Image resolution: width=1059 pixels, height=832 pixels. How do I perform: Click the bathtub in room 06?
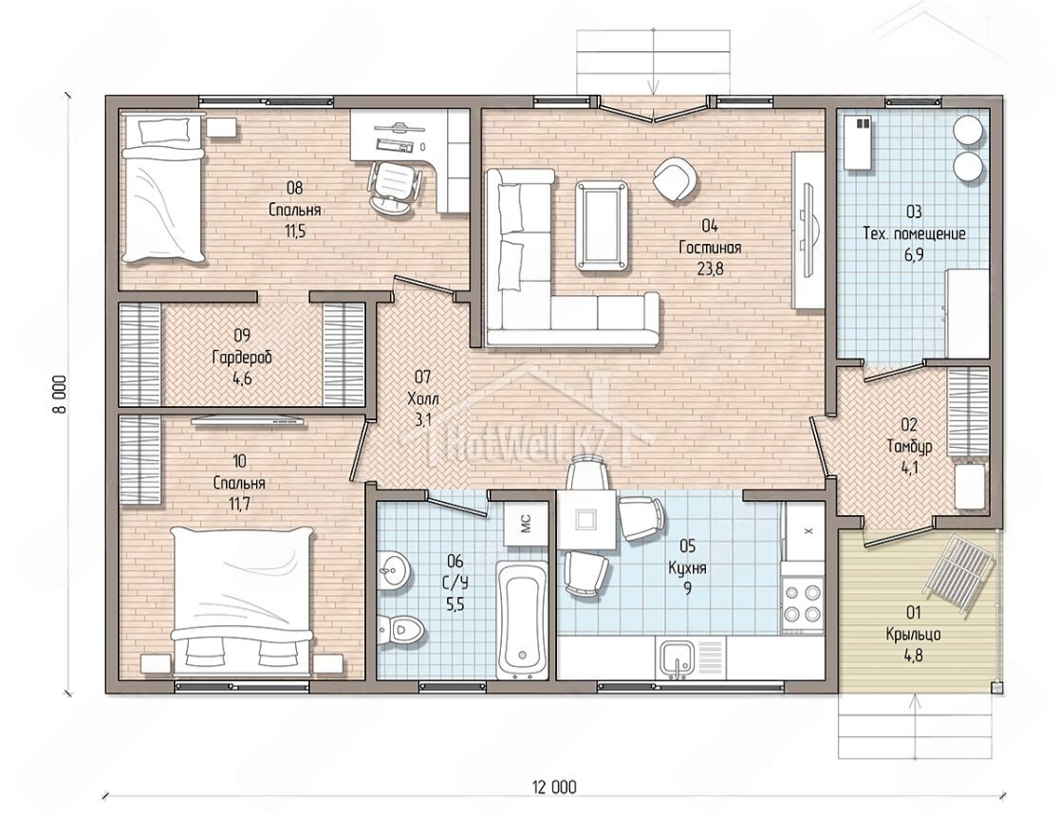pos(521,619)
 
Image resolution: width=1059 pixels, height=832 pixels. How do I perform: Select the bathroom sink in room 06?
pos(392,571)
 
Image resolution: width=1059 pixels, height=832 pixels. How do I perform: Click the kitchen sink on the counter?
pos(676,658)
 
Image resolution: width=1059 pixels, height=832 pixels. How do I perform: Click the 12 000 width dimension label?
pos(554,787)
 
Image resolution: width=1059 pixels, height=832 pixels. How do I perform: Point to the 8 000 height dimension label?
pos(61,395)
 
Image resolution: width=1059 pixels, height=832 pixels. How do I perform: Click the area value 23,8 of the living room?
pos(710,269)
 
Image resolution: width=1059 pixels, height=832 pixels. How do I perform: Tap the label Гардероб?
pos(242,358)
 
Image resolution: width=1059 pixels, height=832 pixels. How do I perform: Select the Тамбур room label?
pos(910,447)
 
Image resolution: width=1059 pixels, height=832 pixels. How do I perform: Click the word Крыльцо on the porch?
pos(914,635)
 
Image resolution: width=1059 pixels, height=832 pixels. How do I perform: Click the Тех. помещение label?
pos(914,234)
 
